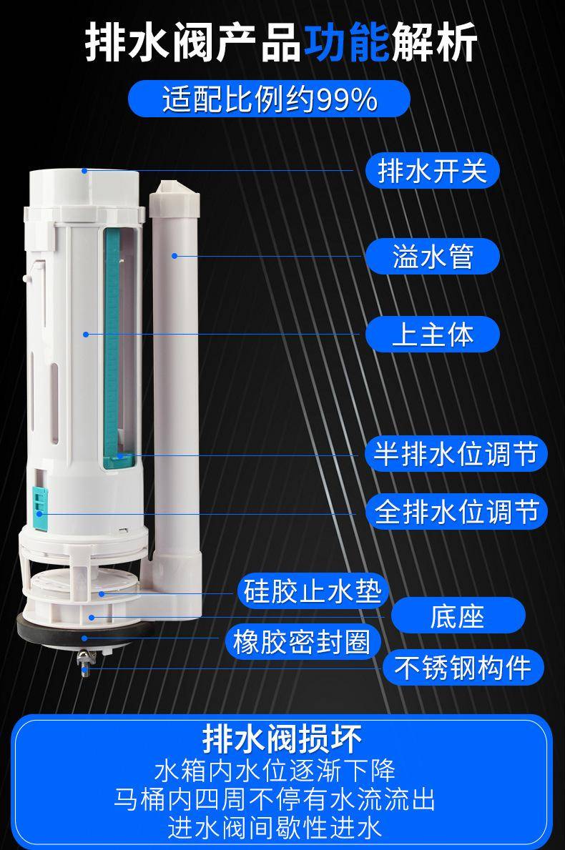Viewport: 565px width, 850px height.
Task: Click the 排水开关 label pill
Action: (431, 171)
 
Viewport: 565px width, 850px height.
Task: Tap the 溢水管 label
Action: (431, 257)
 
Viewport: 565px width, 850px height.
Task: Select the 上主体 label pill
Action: (431, 334)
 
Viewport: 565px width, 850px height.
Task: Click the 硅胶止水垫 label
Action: (313, 591)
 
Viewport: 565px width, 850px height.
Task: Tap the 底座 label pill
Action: (458, 616)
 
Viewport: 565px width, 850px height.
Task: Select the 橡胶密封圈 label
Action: (302, 642)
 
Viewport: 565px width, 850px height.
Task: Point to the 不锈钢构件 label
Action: (463, 667)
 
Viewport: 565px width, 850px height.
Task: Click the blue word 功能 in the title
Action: (346, 41)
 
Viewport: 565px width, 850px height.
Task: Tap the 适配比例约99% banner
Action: (269, 99)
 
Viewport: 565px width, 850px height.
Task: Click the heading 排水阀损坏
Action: (282, 738)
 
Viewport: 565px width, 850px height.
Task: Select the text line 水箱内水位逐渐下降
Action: (275, 770)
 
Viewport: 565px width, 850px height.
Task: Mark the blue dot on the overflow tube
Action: (174, 255)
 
